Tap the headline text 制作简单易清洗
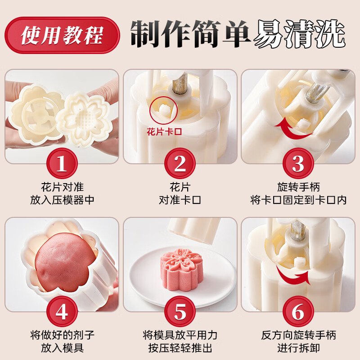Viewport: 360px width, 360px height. tap(238, 34)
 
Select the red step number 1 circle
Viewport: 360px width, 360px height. tap(62, 164)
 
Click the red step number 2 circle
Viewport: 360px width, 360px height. tap(180, 164)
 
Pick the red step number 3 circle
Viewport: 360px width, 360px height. tap(298, 164)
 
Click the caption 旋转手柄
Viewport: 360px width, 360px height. tap(298, 187)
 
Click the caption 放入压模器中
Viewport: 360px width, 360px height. tap(62, 200)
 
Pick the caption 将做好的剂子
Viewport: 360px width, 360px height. tap(62, 335)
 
